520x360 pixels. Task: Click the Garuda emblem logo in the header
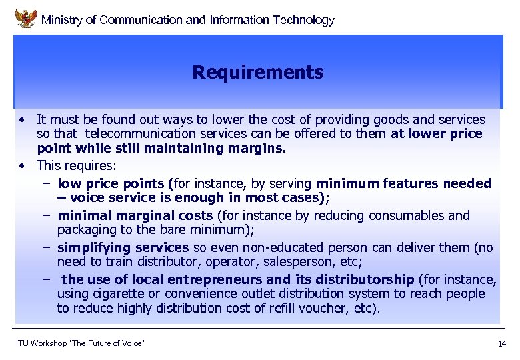click(25, 18)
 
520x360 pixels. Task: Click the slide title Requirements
click(257, 72)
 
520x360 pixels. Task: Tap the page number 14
click(501, 344)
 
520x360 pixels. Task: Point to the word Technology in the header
click(303, 20)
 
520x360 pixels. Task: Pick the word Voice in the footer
click(132, 343)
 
